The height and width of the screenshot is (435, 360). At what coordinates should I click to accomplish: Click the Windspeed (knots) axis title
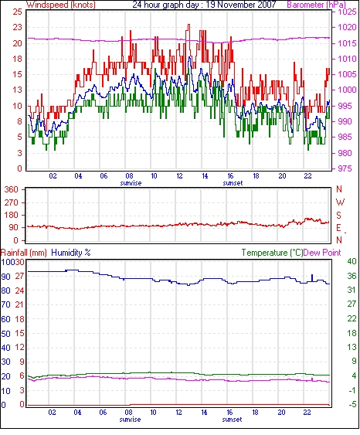tap(61, 5)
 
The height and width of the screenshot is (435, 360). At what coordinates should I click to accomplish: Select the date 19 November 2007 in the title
tap(241, 5)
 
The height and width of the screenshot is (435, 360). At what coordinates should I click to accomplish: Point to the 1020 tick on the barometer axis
tap(347, 27)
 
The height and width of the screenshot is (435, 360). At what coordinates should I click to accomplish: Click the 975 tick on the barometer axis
tap(345, 168)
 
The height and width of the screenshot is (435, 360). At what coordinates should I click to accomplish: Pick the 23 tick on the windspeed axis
tap(17, 27)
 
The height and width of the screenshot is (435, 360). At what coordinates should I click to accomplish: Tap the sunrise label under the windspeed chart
tap(131, 183)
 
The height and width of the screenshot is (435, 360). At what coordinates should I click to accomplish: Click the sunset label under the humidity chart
tap(232, 420)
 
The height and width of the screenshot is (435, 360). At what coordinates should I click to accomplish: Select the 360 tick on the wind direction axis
tap(12, 190)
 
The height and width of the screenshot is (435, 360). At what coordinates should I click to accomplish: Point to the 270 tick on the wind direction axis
tap(12, 202)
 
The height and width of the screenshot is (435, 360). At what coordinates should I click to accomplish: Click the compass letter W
tap(340, 202)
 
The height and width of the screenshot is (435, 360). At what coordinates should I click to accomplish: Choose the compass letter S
tap(338, 216)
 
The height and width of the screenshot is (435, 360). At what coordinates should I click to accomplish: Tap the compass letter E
tap(338, 228)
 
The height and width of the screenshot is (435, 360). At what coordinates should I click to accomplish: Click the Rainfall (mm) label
tap(24, 253)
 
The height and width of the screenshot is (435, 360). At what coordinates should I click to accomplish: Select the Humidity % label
tap(71, 253)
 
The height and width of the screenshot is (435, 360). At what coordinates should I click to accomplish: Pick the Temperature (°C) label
tap(272, 253)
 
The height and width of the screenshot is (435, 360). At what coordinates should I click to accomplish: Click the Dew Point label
tap(322, 253)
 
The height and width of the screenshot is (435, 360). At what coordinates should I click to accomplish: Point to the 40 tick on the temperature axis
tap(352, 261)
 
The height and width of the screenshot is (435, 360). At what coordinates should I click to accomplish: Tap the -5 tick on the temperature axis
tap(352, 405)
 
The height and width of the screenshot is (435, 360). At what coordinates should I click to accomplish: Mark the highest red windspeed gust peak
tap(188, 25)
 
